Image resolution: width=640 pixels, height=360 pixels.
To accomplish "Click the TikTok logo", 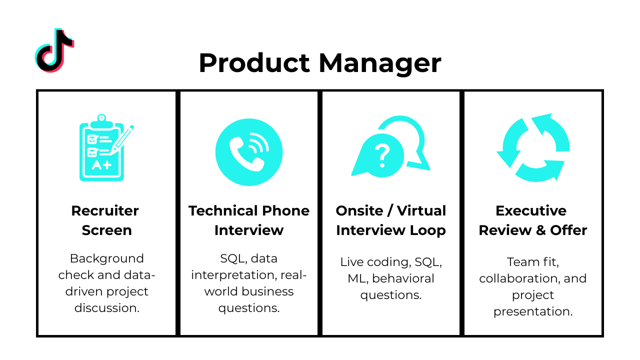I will click(54, 50).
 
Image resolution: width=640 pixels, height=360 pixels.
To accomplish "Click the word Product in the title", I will click(254, 63).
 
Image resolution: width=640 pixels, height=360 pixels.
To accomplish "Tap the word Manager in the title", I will click(380, 63).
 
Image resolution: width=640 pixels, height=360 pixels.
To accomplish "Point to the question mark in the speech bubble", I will click(382, 155).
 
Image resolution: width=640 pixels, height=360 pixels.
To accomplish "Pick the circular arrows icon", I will click(533, 148).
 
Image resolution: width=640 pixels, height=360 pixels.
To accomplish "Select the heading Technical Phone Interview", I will click(248, 220).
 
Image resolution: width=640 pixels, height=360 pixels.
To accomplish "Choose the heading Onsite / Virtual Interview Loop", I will click(390, 220).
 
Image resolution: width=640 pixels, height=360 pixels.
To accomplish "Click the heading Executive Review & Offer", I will click(533, 220).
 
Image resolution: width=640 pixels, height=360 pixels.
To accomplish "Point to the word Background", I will click(106, 258).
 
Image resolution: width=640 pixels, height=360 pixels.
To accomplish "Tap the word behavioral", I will click(403, 278).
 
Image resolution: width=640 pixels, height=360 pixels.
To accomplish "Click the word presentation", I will click(532, 311).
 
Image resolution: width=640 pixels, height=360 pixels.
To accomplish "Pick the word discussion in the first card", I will click(106, 307).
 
